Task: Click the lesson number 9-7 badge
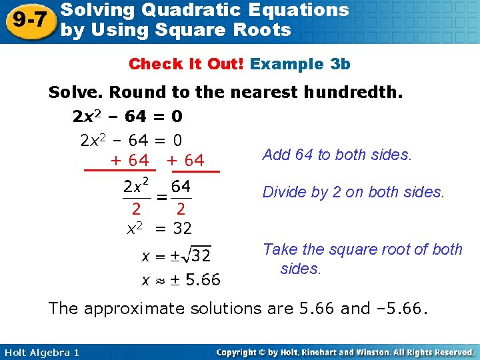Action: tap(28, 21)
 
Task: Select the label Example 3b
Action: tap(300, 64)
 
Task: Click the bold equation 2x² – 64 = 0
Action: tap(127, 117)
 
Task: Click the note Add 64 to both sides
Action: tap(337, 155)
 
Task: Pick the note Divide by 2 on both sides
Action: tap(353, 192)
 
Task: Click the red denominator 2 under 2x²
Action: tap(135, 210)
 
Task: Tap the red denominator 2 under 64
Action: tap(181, 210)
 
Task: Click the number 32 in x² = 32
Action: tap(182, 229)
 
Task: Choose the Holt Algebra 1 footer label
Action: tap(41, 352)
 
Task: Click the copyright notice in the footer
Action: tap(345, 352)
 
